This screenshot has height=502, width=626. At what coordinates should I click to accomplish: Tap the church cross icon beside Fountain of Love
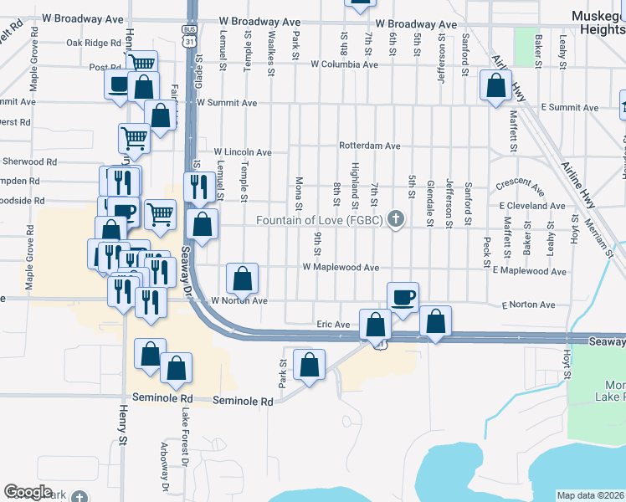(x=397, y=221)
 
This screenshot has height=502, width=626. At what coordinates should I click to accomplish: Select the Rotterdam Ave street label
(x=369, y=146)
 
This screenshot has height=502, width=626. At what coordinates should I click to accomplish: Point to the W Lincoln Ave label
(x=243, y=152)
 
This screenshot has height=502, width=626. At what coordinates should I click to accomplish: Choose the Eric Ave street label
(x=332, y=324)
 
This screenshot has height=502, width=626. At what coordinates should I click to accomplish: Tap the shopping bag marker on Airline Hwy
(x=496, y=85)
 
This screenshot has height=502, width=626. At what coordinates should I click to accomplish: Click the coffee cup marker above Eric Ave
(x=403, y=297)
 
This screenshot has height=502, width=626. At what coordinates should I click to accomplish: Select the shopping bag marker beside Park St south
(x=309, y=364)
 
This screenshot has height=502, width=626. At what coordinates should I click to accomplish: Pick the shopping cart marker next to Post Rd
(x=141, y=63)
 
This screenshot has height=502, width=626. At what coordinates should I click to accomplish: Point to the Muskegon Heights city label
(x=598, y=23)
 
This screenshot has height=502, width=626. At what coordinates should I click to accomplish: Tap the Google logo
(x=28, y=492)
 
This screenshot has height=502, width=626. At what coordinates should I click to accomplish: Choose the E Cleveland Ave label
(x=532, y=205)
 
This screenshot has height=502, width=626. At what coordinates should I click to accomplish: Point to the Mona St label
(x=299, y=188)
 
